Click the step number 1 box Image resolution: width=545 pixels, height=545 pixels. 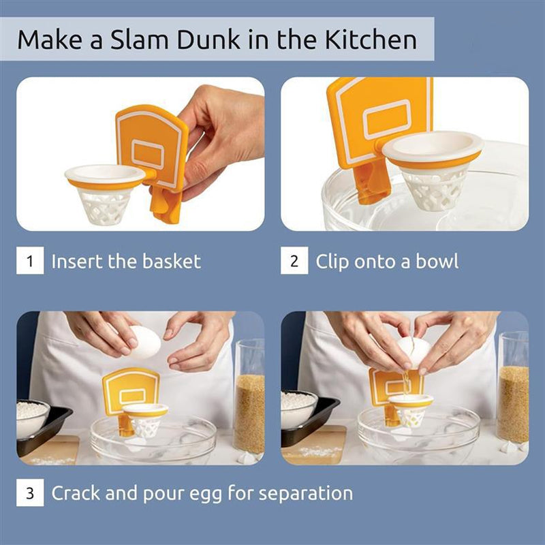coord(30,261)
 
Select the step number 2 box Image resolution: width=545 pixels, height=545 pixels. coord(294,261)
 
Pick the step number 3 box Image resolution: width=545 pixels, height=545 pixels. coord(30,493)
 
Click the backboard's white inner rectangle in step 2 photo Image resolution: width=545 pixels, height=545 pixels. coord(386,119)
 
